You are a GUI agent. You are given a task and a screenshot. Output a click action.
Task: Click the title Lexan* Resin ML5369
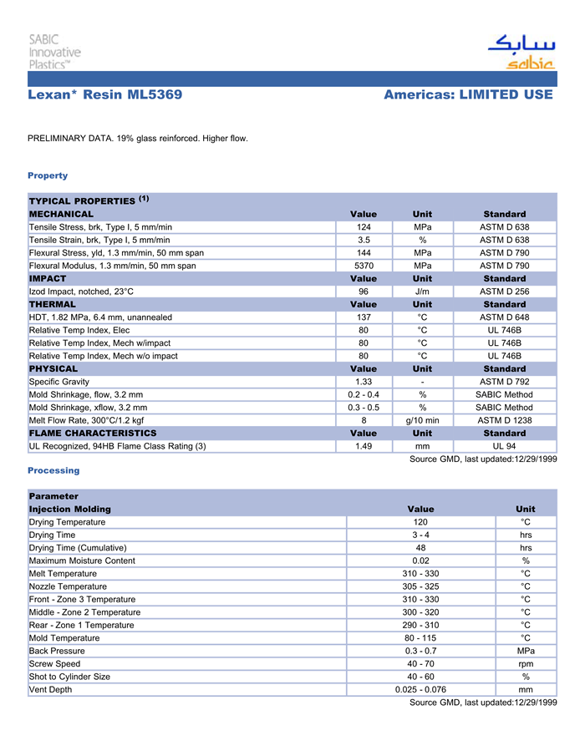pos(104,95)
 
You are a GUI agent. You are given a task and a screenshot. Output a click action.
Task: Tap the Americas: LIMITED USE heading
pos(468,95)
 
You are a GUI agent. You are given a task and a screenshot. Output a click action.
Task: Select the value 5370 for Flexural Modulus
pos(364,266)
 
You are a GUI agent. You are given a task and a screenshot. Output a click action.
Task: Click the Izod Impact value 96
pos(364,292)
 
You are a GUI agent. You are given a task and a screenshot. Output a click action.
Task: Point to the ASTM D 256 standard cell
pos(505,292)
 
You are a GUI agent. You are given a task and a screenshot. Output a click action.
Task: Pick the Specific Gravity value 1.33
pos(364,382)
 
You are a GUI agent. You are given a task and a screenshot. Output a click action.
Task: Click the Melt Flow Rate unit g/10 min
pos(422,420)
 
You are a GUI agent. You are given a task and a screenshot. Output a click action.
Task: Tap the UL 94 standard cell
pos(505,446)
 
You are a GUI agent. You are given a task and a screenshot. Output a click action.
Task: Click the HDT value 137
pos(364,317)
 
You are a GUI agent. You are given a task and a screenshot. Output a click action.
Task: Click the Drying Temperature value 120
pos(420,522)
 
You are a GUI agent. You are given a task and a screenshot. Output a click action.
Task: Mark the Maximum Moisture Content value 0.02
pos(420,561)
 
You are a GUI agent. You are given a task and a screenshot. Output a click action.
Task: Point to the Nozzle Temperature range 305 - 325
pos(420,586)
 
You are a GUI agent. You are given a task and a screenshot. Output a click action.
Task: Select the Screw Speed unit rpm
pos(526,664)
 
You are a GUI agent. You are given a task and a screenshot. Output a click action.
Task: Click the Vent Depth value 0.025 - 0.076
pos(420,690)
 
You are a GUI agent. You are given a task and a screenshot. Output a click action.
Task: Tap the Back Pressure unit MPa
pos(526,651)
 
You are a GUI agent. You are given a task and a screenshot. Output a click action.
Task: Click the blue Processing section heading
pos(53,470)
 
